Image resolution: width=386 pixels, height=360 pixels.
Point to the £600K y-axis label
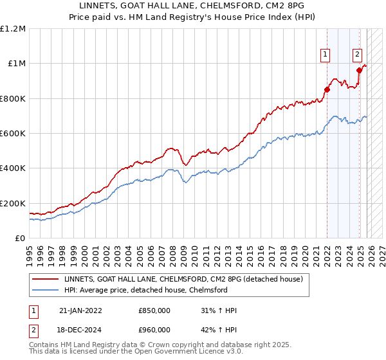tap(13, 134)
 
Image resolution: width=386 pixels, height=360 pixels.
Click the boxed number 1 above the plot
tap(326, 55)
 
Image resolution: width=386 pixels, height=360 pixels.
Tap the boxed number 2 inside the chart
tap(357, 55)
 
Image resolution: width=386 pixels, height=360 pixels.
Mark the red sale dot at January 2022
tap(327, 90)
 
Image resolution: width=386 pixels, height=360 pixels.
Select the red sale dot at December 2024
tap(359, 70)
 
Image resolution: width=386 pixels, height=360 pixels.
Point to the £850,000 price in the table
tap(154, 310)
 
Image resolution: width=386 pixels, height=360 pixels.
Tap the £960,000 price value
tap(154, 330)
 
